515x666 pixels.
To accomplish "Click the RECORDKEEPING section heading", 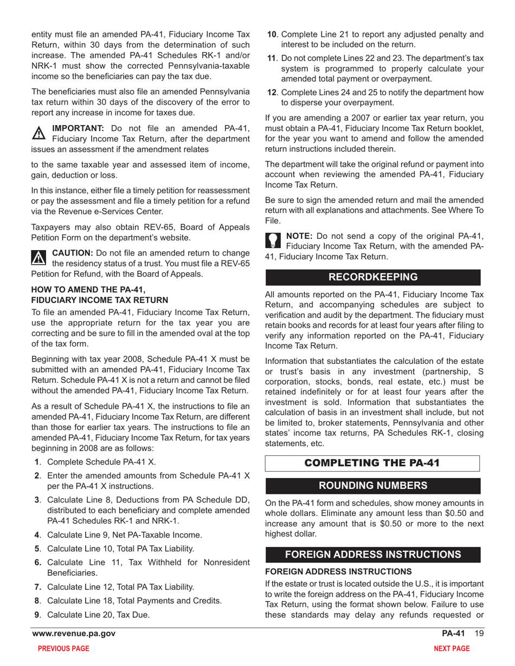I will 373,277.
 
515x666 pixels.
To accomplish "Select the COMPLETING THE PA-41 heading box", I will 373,463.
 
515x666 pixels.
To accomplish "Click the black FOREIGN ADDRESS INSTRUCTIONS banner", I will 373,554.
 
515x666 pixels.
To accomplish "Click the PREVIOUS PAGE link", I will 59,649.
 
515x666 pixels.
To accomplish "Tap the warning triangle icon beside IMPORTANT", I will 40,133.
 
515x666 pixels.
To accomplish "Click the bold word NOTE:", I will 299,236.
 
